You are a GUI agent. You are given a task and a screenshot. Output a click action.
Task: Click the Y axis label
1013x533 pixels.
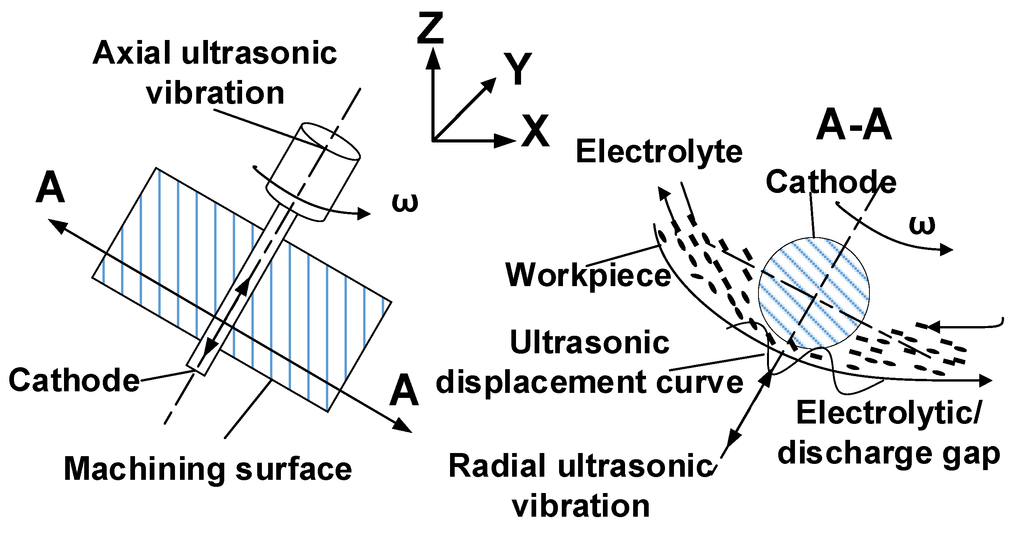pos(518,69)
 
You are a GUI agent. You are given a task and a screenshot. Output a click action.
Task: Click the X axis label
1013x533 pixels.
pos(535,131)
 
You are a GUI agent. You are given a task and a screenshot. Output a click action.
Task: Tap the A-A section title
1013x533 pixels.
pos(853,125)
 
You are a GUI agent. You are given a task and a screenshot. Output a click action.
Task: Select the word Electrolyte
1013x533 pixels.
pos(659,152)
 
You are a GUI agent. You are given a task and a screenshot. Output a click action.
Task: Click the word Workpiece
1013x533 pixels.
pos(588,275)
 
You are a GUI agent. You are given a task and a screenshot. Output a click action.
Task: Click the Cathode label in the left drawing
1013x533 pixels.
pos(74,380)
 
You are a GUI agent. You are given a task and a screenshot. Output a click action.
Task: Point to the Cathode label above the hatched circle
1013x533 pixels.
pos(831,182)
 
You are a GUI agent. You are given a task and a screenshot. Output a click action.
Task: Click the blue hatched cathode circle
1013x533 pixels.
pos(814,293)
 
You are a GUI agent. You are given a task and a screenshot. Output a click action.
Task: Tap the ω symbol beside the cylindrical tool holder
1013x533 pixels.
pos(405,203)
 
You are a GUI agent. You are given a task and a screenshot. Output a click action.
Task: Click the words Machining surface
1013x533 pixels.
pos(208,469)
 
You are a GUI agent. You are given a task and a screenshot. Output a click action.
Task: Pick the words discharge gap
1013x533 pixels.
pos(888,454)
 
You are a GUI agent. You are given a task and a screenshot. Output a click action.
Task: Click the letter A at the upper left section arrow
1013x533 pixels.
pos(50,188)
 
